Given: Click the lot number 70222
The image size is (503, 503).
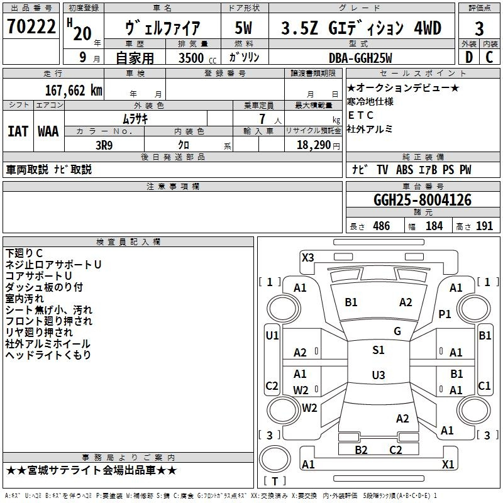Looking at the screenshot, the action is (31, 26).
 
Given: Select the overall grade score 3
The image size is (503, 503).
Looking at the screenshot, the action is (479, 28).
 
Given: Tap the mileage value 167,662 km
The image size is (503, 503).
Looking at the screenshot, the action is (74, 91).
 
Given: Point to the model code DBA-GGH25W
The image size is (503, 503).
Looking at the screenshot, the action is (360, 58).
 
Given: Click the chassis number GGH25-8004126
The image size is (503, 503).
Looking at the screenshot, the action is (423, 200).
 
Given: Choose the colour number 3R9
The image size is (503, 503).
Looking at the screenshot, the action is (104, 145).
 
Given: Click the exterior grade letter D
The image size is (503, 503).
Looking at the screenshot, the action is (468, 57).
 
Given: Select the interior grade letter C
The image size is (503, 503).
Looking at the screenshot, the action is (489, 57).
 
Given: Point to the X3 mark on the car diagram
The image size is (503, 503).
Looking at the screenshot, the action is (307, 258).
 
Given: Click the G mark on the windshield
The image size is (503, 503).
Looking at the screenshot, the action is (397, 331).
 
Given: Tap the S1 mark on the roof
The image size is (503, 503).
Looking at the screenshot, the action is (379, 350).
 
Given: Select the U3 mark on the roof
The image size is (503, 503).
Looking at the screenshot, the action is (379, 375).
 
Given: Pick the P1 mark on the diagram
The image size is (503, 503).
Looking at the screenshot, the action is (445, 314).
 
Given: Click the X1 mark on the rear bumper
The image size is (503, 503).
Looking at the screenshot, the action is (448, 464).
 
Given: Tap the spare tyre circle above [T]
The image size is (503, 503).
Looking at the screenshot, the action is (275, 460).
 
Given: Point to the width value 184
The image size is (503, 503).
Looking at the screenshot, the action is (434, 226).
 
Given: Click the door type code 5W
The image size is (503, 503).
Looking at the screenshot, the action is (243, 28).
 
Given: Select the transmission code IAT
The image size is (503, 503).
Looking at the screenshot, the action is (18, 131).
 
